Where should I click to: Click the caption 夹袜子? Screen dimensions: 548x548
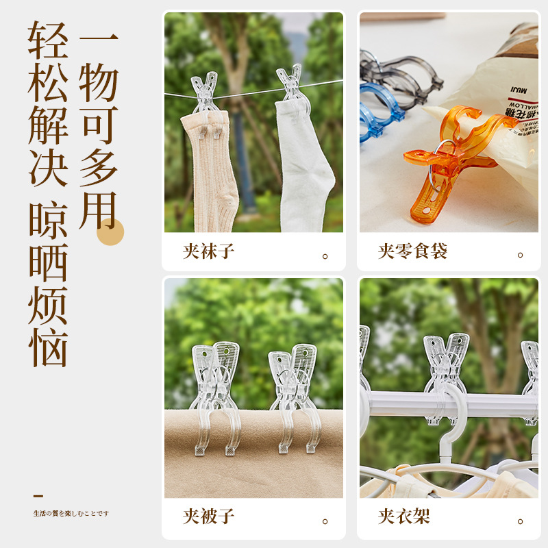[209, 251]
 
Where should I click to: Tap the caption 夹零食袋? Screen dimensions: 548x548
[412, 251]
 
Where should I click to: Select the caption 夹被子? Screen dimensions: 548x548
[209, 516]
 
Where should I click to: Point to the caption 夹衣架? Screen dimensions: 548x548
[404, 516]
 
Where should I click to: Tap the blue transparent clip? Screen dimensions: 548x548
[378, 110]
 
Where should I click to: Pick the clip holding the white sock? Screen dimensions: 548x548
[290, 86]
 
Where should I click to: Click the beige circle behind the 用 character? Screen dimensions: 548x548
[110, 232]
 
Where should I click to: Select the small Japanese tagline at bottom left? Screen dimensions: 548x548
[71, 513]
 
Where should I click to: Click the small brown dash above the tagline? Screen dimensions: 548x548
[38, 495]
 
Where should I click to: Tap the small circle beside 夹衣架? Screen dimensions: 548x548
[520, 521]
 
